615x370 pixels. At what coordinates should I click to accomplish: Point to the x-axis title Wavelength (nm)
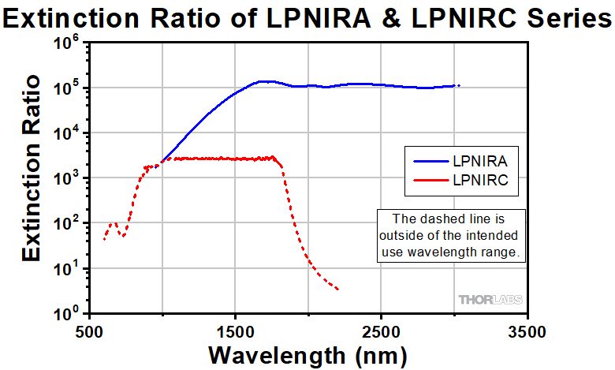(307, 354)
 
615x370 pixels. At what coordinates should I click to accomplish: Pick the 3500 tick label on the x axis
(527, 329)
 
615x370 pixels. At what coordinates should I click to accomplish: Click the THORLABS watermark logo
(490, 300)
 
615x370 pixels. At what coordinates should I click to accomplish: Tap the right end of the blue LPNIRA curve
(458, 85)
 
